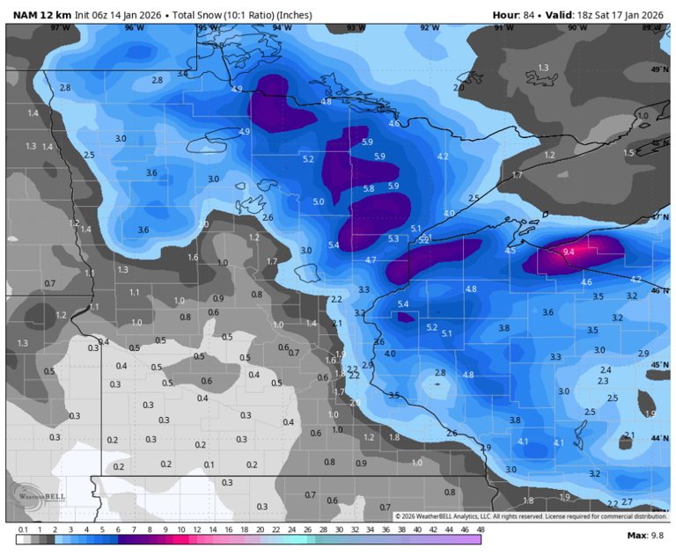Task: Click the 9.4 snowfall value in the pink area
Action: click(569, 252)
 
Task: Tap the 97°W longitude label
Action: click(60, 28)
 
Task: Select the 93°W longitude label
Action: click(355, 28)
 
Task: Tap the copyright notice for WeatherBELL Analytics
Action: click(531, 516)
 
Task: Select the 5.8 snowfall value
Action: click(369, 188)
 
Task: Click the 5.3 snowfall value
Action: click(393, 238)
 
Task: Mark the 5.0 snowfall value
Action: click(319, 201)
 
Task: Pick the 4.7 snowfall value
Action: click(371, 259)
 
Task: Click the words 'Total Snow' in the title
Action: click(202, 15)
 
